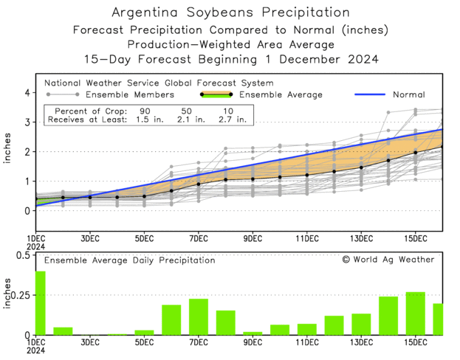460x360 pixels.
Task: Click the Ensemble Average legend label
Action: [x=281, y=94]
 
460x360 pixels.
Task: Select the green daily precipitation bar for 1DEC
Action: [x=40, y=303]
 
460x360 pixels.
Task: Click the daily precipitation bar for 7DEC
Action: [x=199, y=316]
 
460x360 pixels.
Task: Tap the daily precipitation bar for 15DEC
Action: [x=415, y=314]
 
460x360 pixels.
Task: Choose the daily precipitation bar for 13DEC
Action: [x=361, y=325]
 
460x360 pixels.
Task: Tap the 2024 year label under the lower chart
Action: [x=36, y=352]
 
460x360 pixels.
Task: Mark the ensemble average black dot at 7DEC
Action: [x=199, y=184]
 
